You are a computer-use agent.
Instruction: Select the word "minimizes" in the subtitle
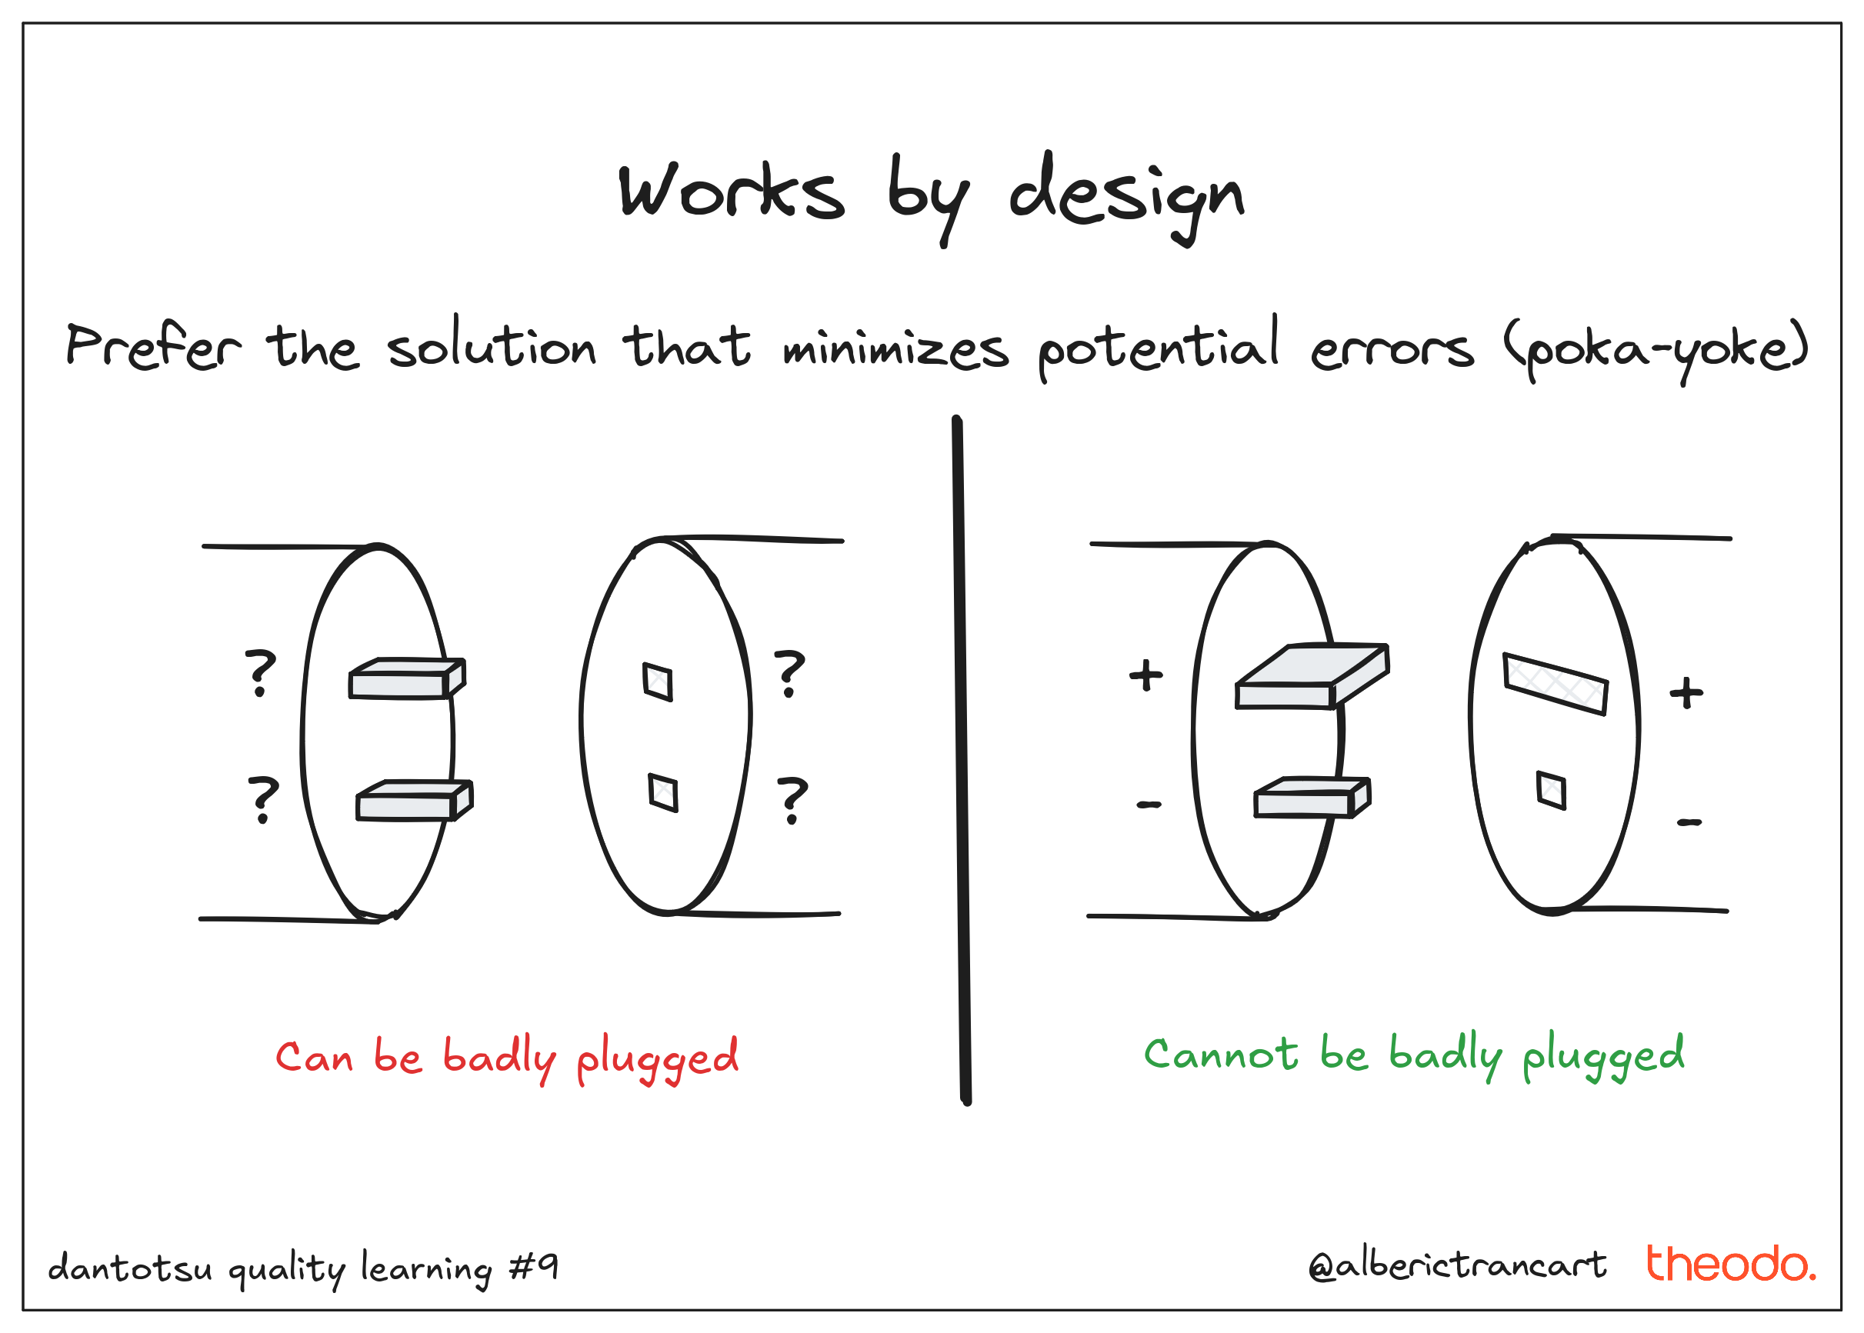(895, 349)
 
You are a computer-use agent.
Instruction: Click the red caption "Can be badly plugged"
(506, 1057)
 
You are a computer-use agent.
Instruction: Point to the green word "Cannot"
(1221, 1054)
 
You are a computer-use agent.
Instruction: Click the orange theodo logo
(1730, 1264)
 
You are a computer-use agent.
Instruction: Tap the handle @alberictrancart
(1457, 1265)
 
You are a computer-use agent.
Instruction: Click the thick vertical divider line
(961, 759)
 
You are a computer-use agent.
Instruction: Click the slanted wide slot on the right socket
(1555, 684)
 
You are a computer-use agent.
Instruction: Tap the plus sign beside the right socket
(1686, 693)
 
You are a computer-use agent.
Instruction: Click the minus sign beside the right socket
(1689, 822)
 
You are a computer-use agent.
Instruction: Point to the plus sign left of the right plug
(1145, 675)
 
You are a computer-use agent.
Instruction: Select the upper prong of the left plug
(406, 679)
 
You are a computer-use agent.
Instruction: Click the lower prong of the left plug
(414, 801)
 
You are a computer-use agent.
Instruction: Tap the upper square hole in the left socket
(658, 682)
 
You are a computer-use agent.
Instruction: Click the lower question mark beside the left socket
(792, 800)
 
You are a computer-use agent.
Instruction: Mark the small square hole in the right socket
(1550, 791)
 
